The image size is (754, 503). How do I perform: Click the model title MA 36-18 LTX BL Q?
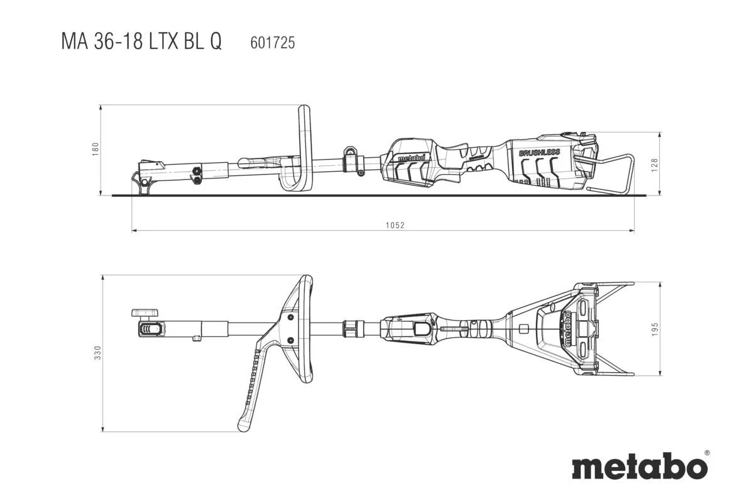[x=141, y=41]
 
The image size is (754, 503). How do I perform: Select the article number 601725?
[x=272, y=43]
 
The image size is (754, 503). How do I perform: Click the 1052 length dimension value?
[x=395, y=225]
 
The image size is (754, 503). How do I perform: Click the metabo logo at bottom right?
[x=638, y=468]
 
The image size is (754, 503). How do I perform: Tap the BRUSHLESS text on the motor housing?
[x=539, y=153]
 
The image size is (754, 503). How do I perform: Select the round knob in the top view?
[x=145, y=312]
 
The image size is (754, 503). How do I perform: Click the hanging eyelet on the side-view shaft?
[x=350, y=152]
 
